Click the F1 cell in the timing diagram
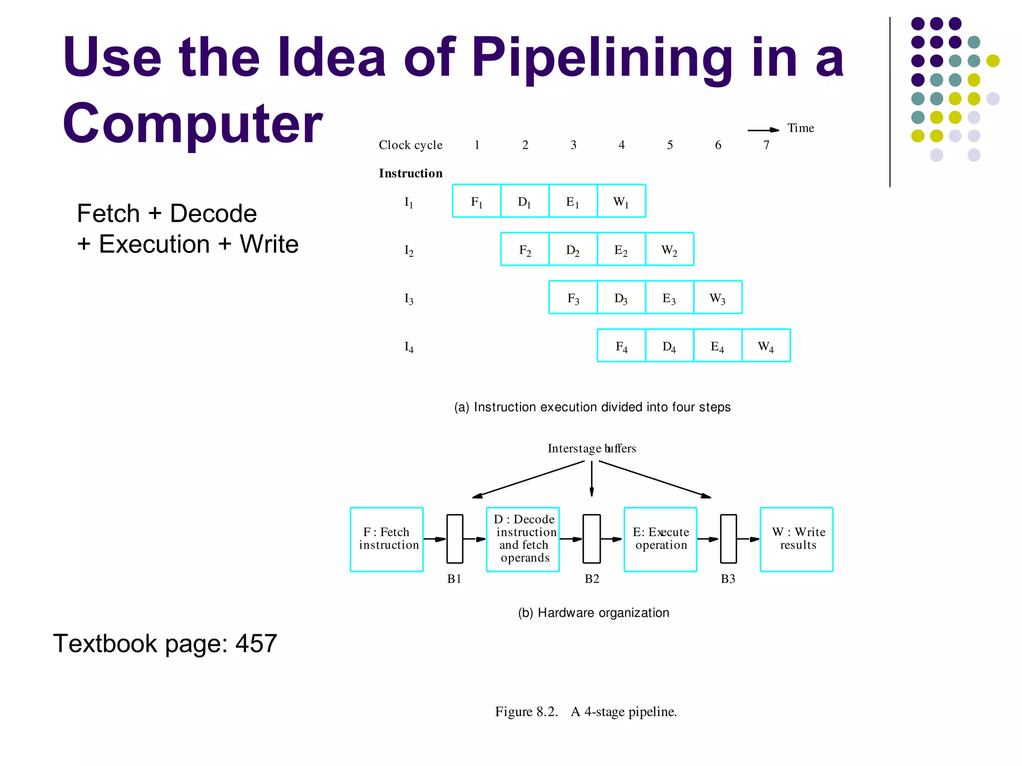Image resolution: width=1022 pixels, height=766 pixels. click(477, 201)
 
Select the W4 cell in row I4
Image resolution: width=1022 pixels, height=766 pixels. click(766, 346)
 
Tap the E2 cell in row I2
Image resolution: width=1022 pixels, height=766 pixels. click(621, 249)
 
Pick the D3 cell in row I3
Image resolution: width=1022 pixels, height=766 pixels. click(621, 298)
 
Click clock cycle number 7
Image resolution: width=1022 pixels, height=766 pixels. click(766, 145)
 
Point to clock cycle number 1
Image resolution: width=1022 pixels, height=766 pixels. click(477, 145)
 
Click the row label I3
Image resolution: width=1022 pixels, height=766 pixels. click(409, 299)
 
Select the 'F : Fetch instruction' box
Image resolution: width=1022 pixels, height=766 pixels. click(387, 539)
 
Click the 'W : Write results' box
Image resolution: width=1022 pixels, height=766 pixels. click(796, 539)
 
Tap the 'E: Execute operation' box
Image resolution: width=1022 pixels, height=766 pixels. click(660, 539)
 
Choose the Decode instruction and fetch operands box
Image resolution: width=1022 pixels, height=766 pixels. click(523, 539)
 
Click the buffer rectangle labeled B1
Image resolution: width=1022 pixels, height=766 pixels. click(455, 539)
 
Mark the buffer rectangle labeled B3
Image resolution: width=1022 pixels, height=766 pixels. click(728, 539)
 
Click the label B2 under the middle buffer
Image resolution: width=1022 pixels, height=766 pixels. click(592, 579)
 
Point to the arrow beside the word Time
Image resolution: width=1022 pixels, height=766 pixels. click(763, 130)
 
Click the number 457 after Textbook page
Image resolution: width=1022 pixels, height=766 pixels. click(256, 643)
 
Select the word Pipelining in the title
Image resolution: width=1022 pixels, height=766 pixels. click(602, 58)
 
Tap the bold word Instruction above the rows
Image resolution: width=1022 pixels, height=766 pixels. click(411, 173)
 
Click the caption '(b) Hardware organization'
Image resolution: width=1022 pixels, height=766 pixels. click(593, 613)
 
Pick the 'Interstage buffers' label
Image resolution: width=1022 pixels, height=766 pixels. click(592, 448)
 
